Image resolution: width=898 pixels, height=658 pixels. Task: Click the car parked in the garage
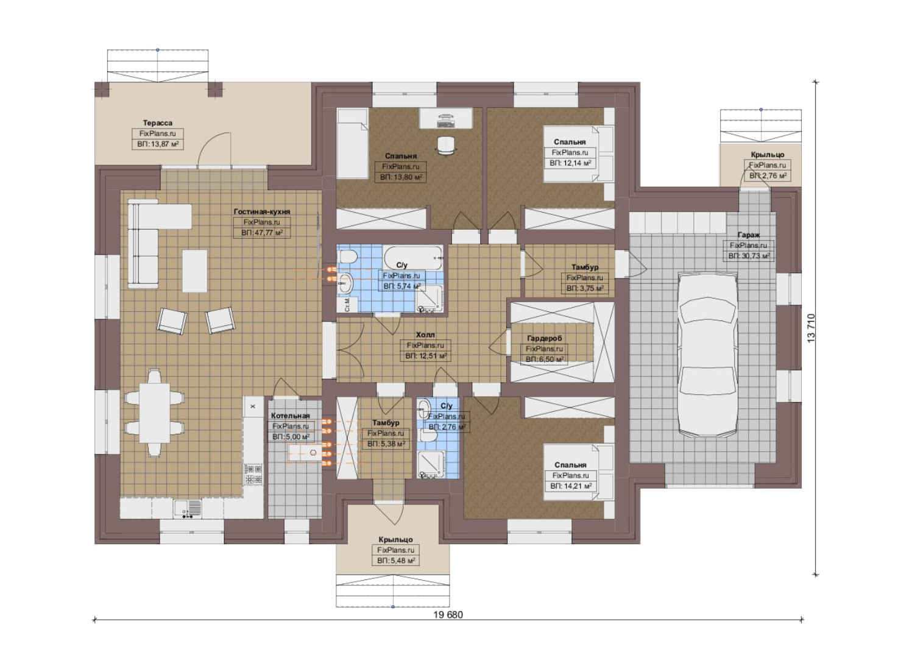click(707, 355)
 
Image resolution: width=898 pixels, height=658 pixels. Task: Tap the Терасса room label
click(158, 123)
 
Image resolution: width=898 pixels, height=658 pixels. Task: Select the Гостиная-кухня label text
click(262, 211)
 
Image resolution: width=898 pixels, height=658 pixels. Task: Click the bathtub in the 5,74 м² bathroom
click(413, 258)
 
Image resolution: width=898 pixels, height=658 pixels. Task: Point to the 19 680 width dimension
click(448, 615)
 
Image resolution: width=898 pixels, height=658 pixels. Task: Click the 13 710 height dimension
click(811, 328)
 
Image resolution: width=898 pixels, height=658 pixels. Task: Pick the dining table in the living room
click(154, 413)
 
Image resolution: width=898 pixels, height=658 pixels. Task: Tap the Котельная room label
click(290, 416)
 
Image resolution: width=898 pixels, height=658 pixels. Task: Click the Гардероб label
click(545, 338)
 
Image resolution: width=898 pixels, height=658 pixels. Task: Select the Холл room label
click(425, 334)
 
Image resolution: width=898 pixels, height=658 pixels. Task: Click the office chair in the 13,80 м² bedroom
click(445, 145)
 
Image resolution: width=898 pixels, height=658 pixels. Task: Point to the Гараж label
click(749, 235)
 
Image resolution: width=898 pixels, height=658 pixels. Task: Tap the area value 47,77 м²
click(262, 233)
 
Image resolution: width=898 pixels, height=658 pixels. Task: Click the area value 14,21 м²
click(570, 486)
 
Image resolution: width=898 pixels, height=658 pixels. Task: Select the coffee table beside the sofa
click(195, 271)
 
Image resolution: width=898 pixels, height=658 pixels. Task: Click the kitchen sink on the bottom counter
click(188, 509)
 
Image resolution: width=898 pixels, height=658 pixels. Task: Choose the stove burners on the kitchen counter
click(253, 475)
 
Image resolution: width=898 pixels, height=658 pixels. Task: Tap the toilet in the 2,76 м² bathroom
click(427, 435)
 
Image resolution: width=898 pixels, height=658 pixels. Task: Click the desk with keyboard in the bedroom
click(446, 118)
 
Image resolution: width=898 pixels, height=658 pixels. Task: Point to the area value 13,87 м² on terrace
click(158, 144)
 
